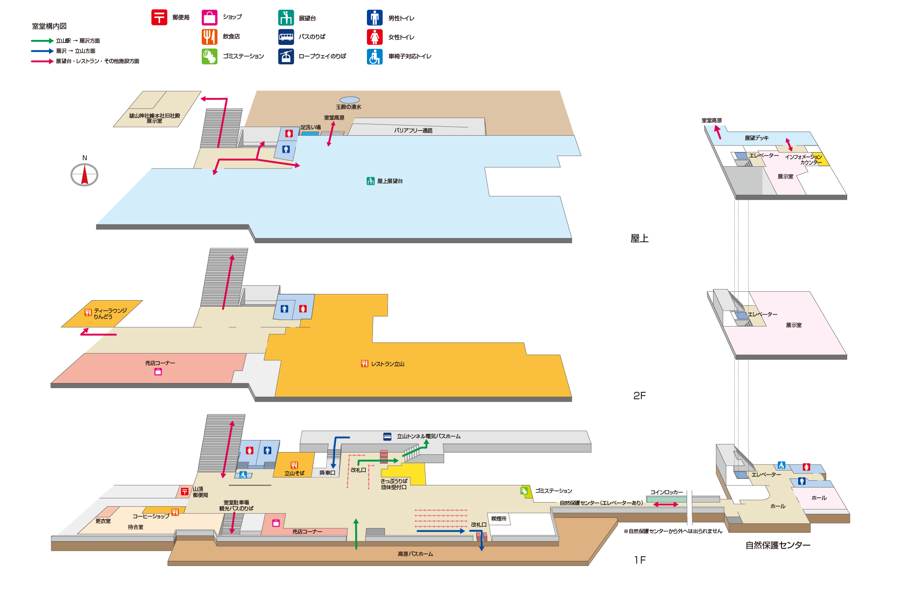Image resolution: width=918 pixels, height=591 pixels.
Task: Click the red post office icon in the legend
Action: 159,18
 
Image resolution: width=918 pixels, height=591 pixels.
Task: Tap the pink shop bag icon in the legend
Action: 210,18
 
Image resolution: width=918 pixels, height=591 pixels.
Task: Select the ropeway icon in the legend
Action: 286,57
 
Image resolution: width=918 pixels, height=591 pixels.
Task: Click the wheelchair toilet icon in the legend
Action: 375,57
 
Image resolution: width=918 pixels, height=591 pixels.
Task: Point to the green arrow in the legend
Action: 43,41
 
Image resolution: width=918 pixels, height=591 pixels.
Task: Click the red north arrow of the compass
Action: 85,175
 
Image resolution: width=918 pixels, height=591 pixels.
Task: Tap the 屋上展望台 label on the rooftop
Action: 390,181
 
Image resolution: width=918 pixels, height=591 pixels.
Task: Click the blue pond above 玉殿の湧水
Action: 350,100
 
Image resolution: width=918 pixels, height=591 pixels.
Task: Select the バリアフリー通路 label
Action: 413,131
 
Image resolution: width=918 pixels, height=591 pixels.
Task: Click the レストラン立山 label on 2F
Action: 388,364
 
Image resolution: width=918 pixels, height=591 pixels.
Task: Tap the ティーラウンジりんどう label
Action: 110,314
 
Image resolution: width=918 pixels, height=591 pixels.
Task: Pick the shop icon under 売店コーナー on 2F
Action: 158,371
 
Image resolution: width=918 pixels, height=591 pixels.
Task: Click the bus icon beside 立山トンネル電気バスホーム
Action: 387,436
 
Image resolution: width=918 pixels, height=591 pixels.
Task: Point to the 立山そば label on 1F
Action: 294,473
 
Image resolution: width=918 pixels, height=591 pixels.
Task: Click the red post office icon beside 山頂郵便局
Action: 185,491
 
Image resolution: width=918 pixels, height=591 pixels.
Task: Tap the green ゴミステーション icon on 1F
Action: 524,491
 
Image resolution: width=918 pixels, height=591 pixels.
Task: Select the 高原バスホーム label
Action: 416,554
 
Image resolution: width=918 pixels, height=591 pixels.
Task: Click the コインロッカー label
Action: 667,492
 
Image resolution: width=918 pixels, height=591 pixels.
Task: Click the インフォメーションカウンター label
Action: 804,160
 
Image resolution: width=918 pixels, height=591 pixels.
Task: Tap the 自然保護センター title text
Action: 778,545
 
